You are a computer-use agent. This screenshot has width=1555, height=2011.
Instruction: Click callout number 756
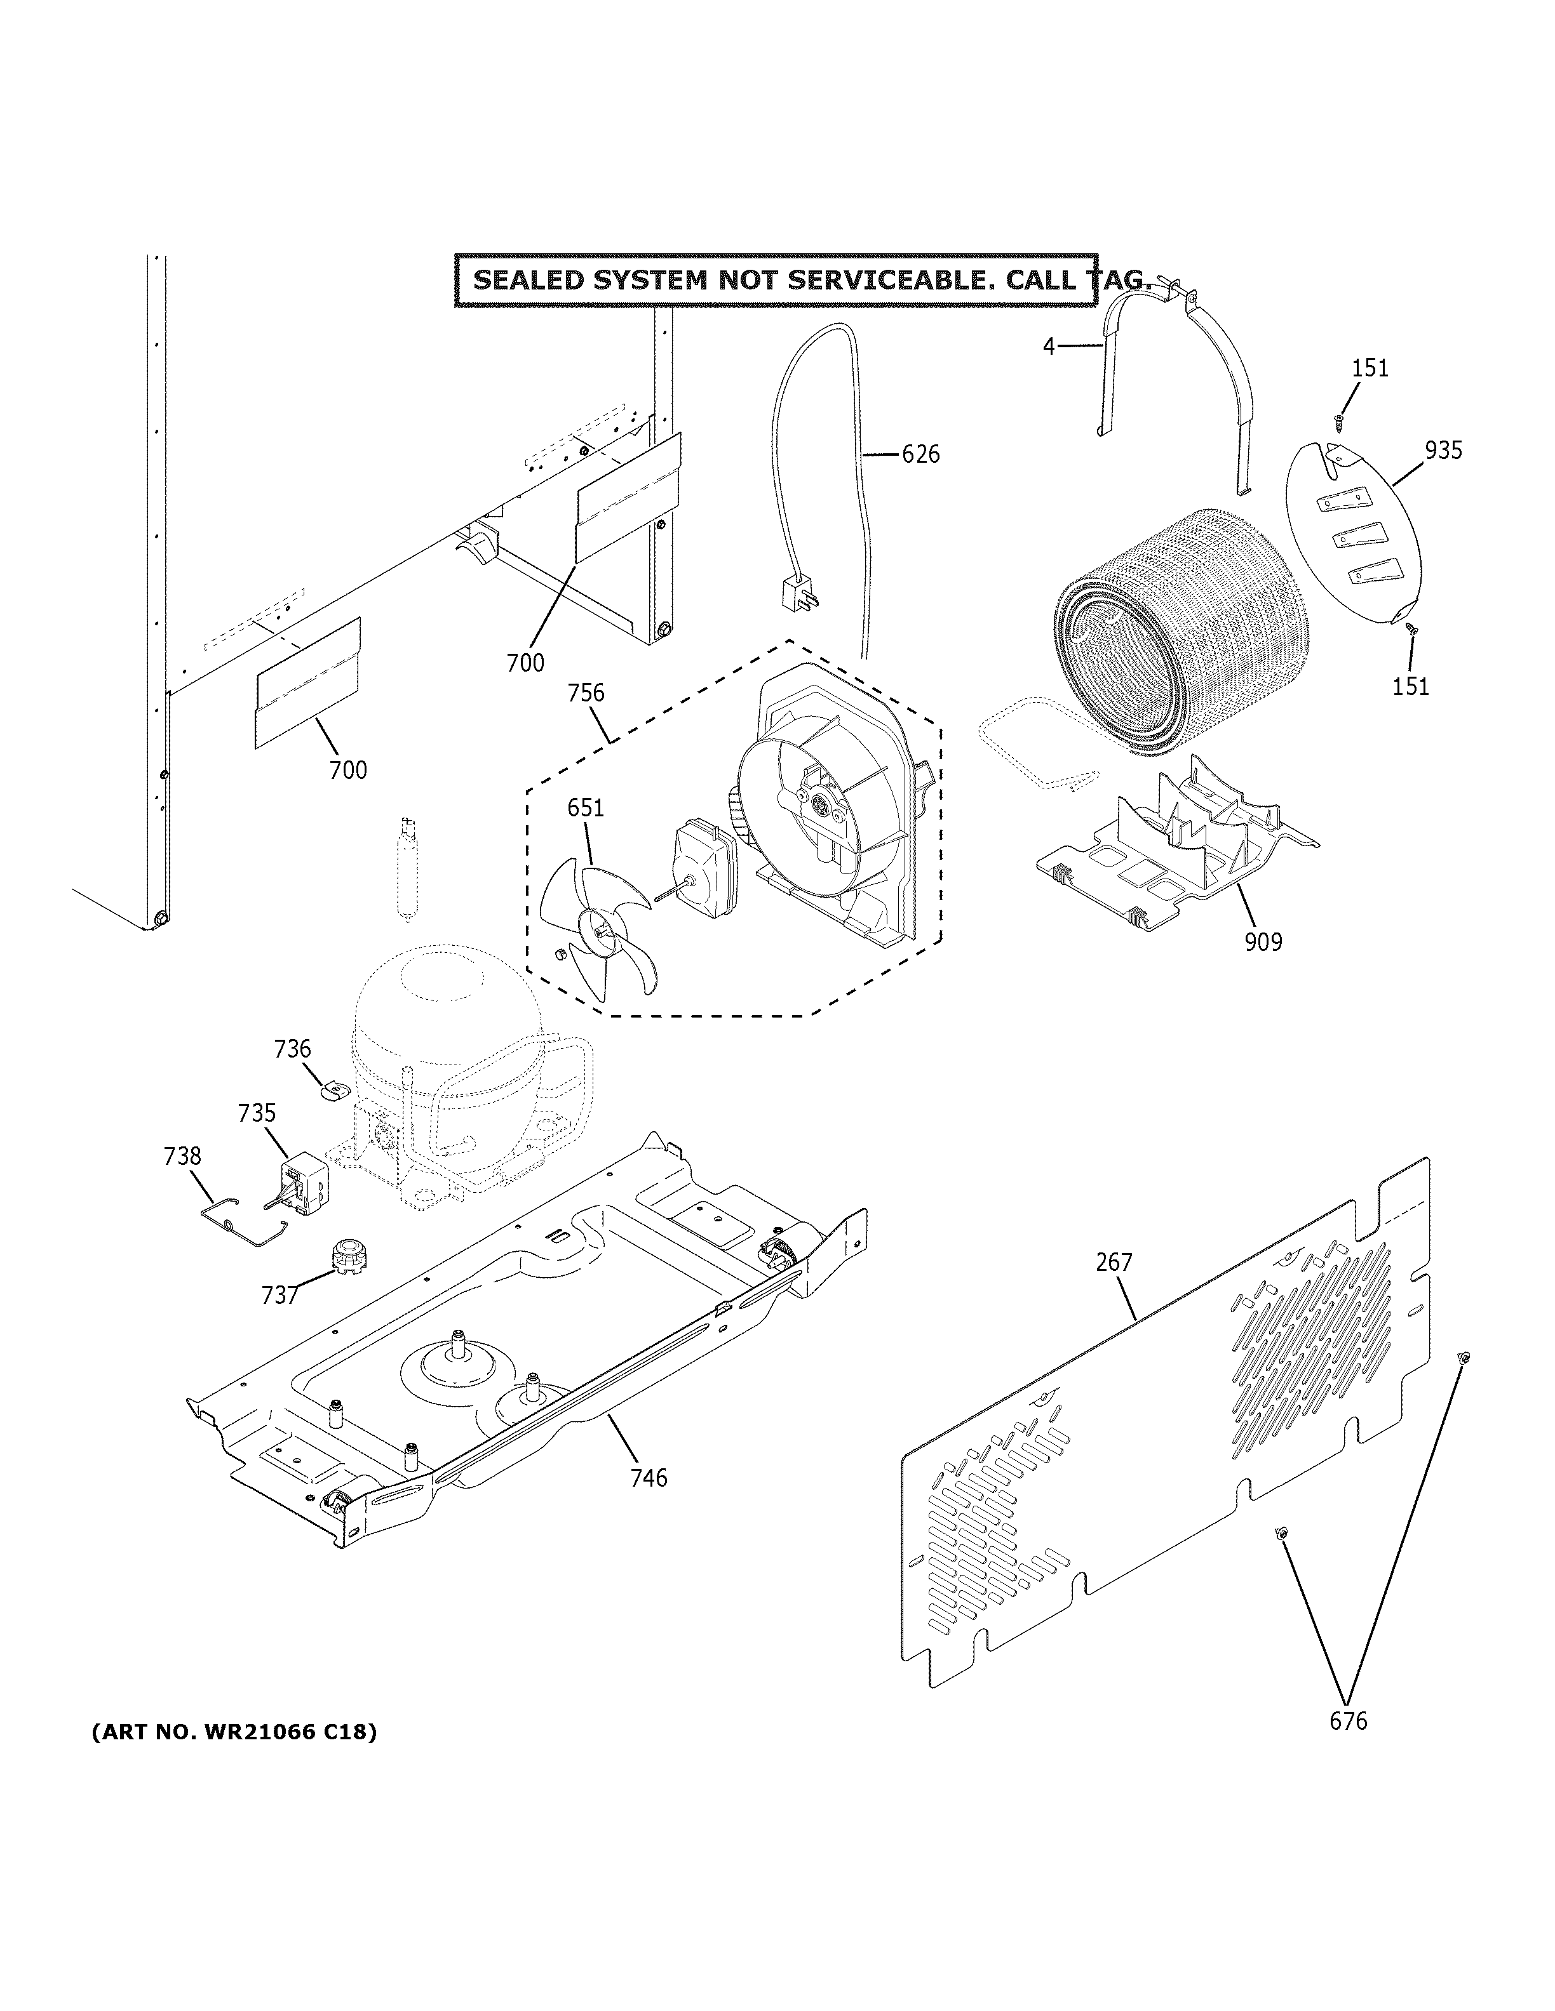586,693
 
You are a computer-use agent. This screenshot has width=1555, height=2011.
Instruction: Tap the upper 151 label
1370,368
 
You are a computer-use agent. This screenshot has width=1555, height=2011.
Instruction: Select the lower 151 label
1410,686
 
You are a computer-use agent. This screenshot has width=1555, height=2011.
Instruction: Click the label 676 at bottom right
1348,1721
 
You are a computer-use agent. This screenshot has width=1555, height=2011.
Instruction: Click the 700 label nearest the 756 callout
525,662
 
